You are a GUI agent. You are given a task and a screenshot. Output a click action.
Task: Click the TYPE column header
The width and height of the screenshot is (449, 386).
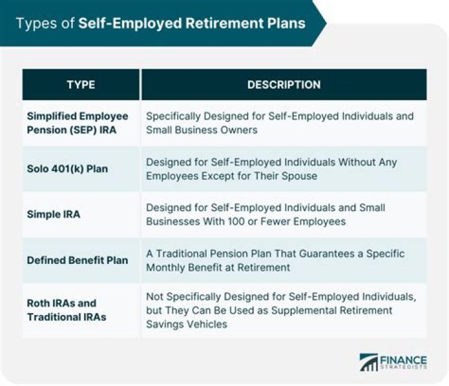click(81, 85)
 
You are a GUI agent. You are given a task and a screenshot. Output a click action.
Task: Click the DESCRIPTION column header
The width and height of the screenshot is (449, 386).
click(284, 85)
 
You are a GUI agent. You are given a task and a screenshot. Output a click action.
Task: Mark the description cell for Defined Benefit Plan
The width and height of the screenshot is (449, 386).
click(274, 260)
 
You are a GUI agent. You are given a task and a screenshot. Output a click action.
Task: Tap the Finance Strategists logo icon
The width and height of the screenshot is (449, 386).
click(369, 363)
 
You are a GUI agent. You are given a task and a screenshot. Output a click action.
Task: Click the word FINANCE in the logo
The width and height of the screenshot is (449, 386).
click(403, 360)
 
